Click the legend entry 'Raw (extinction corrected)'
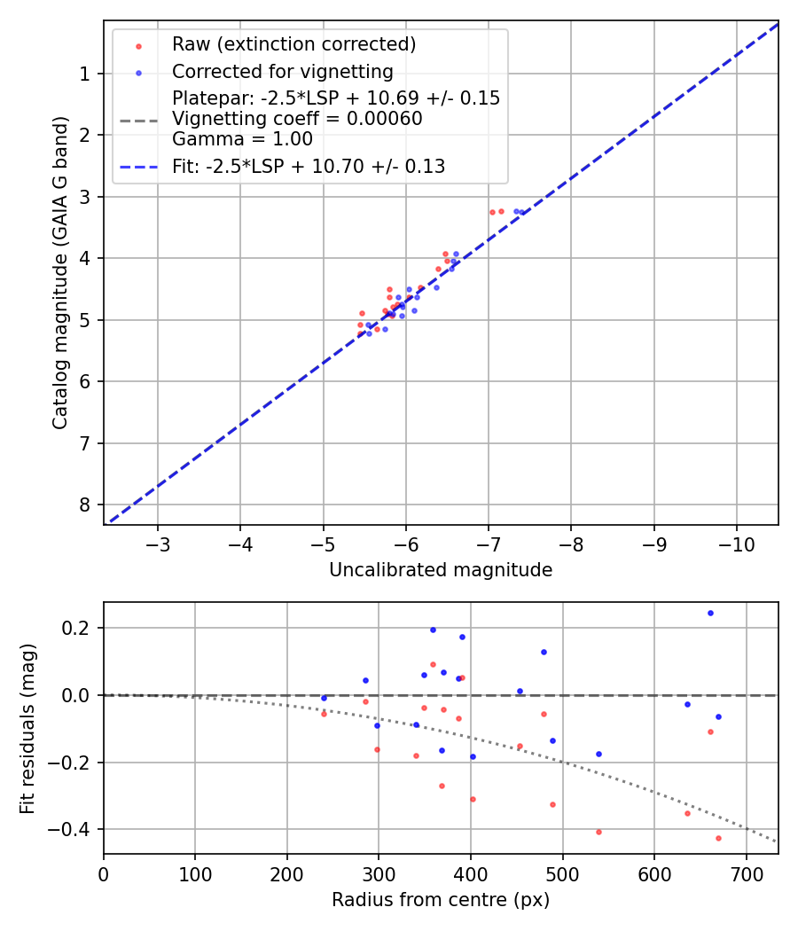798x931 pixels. pyautogui.click(x=293, y=44)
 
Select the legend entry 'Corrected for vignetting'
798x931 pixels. pyautogui.click(x=282, y=71)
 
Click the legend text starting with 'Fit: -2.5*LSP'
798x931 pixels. pyautogui.click(x=309, y=166)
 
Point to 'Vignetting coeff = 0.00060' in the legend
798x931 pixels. pyautogui.click(x=297, y=119)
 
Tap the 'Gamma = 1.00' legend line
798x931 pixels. pyautogui.click(x=242, y=139)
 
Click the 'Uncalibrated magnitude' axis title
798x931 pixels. pyautogui.click(x=441, y=570)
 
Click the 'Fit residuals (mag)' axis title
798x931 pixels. pyautogui.click(x=28, y=728)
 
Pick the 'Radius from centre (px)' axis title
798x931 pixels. pyautogui.click(x=441, y=900)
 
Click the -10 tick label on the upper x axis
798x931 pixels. pyautogui.click(x=737, y=544)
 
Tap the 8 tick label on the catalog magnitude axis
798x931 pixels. pyautogui.click(x=84, y=505)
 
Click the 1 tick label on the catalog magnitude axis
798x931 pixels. pyautogui.click(x=84, y=74)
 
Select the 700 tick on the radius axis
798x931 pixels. pyautogui.click(x=746, y=873)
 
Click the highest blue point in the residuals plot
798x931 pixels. pyautogui.click(x=710, y=613)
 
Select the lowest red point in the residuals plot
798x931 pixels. pyautogui.click(x=718, y=838)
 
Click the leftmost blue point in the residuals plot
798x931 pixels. pyautogui.click(x=324, y=698)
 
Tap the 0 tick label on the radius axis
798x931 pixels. pyautogui.click(x=104, y=873)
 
